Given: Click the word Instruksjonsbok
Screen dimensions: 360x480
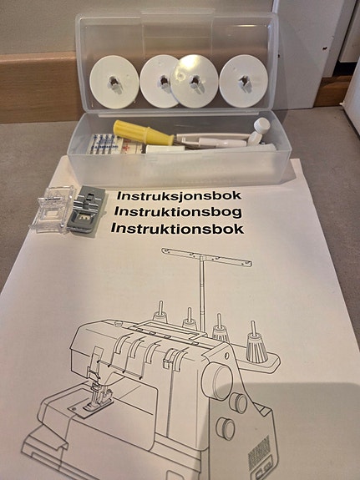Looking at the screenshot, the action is [179, 195].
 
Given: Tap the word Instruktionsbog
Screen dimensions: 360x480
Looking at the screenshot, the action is [178, 211].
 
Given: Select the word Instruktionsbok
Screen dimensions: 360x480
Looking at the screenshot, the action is [177, 229].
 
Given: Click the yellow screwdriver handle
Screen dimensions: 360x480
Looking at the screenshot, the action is [144, 133].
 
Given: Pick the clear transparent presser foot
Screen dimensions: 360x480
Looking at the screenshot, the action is [53, 209].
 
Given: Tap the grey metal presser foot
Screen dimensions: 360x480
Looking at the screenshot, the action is [86, 209].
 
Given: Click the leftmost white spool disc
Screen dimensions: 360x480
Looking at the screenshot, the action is [114, 82].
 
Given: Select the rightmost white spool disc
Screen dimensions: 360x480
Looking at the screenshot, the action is [244, 81].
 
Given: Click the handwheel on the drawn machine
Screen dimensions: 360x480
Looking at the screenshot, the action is [217, 382].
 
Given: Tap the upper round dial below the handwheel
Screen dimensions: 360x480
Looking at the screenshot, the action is [238, 403].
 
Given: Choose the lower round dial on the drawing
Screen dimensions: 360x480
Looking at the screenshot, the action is [226, 428].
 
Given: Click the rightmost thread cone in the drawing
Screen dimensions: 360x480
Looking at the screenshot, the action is [256, 346].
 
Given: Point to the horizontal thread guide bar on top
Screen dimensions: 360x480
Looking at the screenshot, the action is [207, 257].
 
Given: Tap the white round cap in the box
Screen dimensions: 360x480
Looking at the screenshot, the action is [262, 125].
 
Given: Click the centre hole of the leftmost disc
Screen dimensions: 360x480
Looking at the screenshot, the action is [114, 81].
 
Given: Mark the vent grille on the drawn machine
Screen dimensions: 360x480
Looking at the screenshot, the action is [259, 448].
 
